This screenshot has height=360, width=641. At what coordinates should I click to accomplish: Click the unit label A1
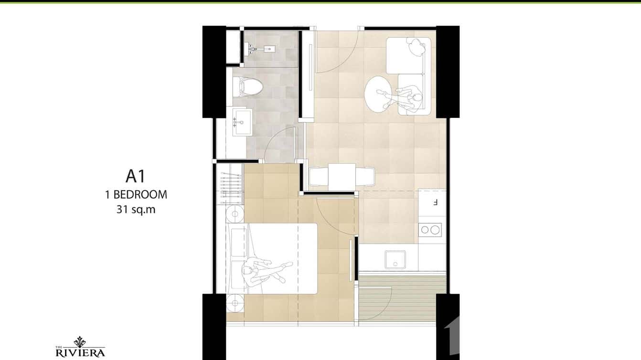point(135,176)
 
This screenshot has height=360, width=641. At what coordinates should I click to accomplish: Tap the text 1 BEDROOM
point(136,194)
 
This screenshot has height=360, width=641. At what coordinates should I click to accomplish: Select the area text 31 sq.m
point(136,209)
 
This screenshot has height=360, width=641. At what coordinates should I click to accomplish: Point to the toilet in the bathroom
point(249,87)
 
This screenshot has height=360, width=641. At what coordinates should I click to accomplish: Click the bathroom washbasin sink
point(242,122)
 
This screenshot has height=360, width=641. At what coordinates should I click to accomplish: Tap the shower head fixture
point(261,48)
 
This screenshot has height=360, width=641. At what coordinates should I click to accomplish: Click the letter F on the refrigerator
point(435,202)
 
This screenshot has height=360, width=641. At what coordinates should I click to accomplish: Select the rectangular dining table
point(342,176)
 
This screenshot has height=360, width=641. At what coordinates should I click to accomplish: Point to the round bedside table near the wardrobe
point(235,214)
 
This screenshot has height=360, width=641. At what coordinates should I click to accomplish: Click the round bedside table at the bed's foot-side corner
point(235,302)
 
